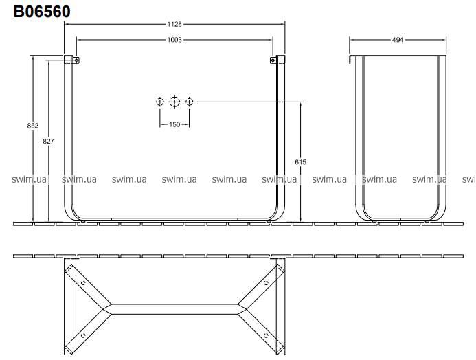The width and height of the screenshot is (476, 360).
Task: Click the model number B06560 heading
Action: (42, 12)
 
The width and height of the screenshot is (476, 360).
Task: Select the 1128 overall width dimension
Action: (174, 24)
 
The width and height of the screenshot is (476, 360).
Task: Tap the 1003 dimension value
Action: (174, 40)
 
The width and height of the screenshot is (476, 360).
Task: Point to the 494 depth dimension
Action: (398, 40)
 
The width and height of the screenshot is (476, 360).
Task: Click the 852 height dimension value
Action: (33, 126)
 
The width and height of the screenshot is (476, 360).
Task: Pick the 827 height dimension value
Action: (48, 141)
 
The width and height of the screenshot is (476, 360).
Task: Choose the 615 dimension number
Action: (301, 162)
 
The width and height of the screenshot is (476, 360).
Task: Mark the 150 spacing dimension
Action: (174, 124)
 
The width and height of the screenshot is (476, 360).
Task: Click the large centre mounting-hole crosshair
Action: (174, 102)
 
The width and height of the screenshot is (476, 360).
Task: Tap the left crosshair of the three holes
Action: (160, 102)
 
